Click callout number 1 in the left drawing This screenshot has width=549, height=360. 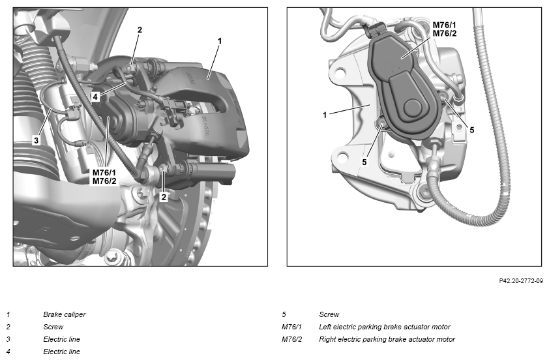(220, 41)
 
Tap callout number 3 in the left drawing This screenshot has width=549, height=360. (36, 141)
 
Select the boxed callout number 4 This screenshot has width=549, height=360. (95, 97)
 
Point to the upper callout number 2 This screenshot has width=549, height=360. (140, 30)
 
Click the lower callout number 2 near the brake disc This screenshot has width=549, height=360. (164, 197)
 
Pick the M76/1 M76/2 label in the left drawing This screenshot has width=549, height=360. (104, 177)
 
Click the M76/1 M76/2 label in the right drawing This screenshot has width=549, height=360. (445, 29)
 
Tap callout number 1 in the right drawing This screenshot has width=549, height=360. (325, 115)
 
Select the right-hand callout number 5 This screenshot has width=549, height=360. (471, 130)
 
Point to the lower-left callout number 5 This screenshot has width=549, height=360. (364, 162)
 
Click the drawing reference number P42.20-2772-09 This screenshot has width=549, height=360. (521, 281)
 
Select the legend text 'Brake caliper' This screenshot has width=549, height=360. (65, 314)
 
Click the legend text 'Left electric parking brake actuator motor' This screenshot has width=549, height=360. (385, 327)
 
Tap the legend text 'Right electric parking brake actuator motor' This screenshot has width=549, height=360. (387, 339)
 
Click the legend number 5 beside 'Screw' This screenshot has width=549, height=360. (284, 314)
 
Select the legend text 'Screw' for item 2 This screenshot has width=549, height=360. (53, 327)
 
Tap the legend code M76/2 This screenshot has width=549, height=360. (291, 339)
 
